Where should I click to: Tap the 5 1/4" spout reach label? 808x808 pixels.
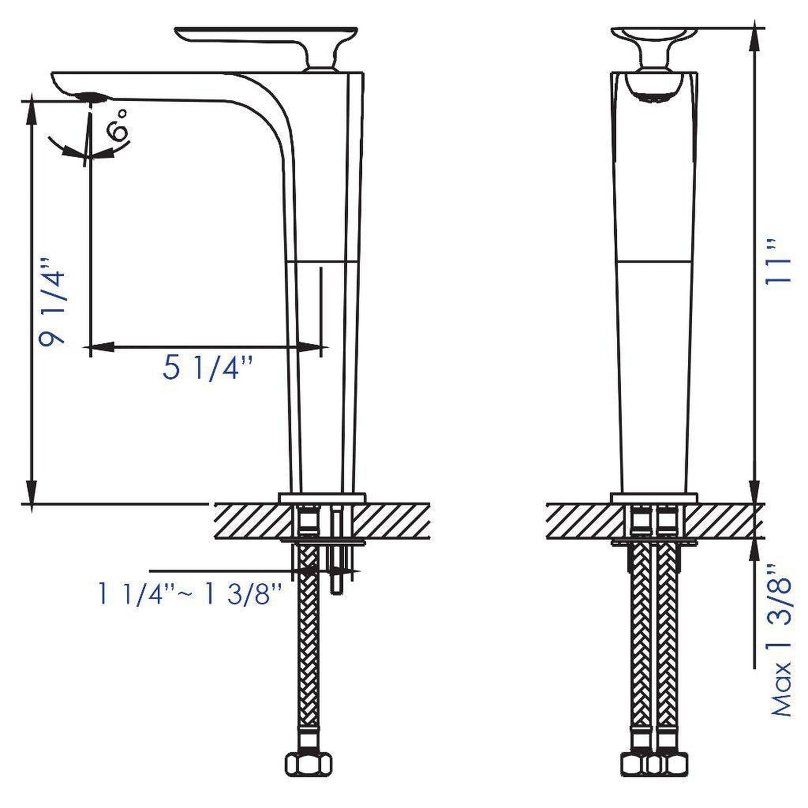pyautogui.click(x=208, y=368)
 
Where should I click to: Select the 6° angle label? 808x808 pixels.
pyautogui.click(x=119, y=125)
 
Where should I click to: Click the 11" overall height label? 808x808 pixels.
pyautogui.click(x=778, y=269)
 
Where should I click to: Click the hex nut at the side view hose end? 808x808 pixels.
pyautogui.click(x=308, y=763)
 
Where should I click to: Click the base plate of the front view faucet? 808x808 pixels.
pyautogui.click(x=654, y=498)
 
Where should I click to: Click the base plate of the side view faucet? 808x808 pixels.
pyautogui.click(x=322, y=498)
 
